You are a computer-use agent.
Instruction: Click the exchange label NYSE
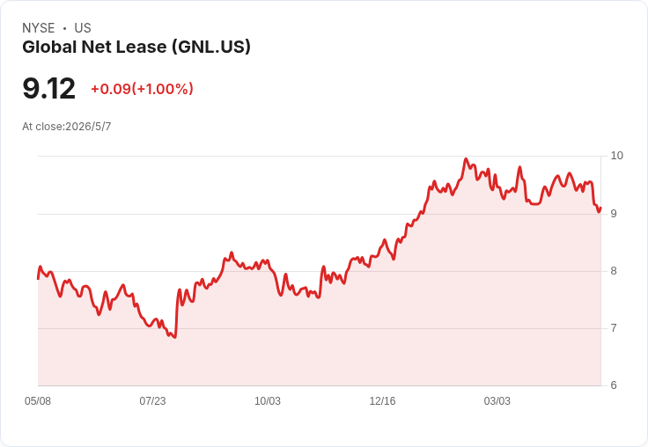(x=39, y=28)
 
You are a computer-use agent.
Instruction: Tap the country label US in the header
(x=83, y=28)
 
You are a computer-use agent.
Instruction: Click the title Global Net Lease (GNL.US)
(x=136, y=48)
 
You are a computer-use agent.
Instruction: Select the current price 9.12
(x=48, y=88)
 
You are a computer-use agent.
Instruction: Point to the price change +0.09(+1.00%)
(x=142, y=89)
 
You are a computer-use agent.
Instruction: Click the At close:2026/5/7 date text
(x=67, y=127)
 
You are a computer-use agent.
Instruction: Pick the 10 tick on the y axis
(x=616, y=156)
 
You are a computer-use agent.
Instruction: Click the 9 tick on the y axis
(x=614, y=214)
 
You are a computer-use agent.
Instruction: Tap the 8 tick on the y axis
(x=614, y=271)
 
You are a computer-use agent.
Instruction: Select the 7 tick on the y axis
(x=614, y=328)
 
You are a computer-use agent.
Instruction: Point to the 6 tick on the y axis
(x=614, y=385)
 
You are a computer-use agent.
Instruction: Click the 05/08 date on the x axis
(x=38, y=401)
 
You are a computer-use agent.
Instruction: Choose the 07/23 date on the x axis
(x=152, y=401)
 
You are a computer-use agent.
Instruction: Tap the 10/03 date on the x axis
(x=268, y=401)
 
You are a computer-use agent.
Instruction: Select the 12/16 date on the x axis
(x=382, y=401)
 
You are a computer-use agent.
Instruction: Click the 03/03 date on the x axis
(x=497, y=401)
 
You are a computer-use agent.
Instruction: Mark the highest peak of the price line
(x=466, y=158)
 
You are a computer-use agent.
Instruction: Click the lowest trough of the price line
(x=175, y=337)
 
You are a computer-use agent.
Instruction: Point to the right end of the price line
(x=600, y=208)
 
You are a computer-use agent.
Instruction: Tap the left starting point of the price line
(x=38, y=279)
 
